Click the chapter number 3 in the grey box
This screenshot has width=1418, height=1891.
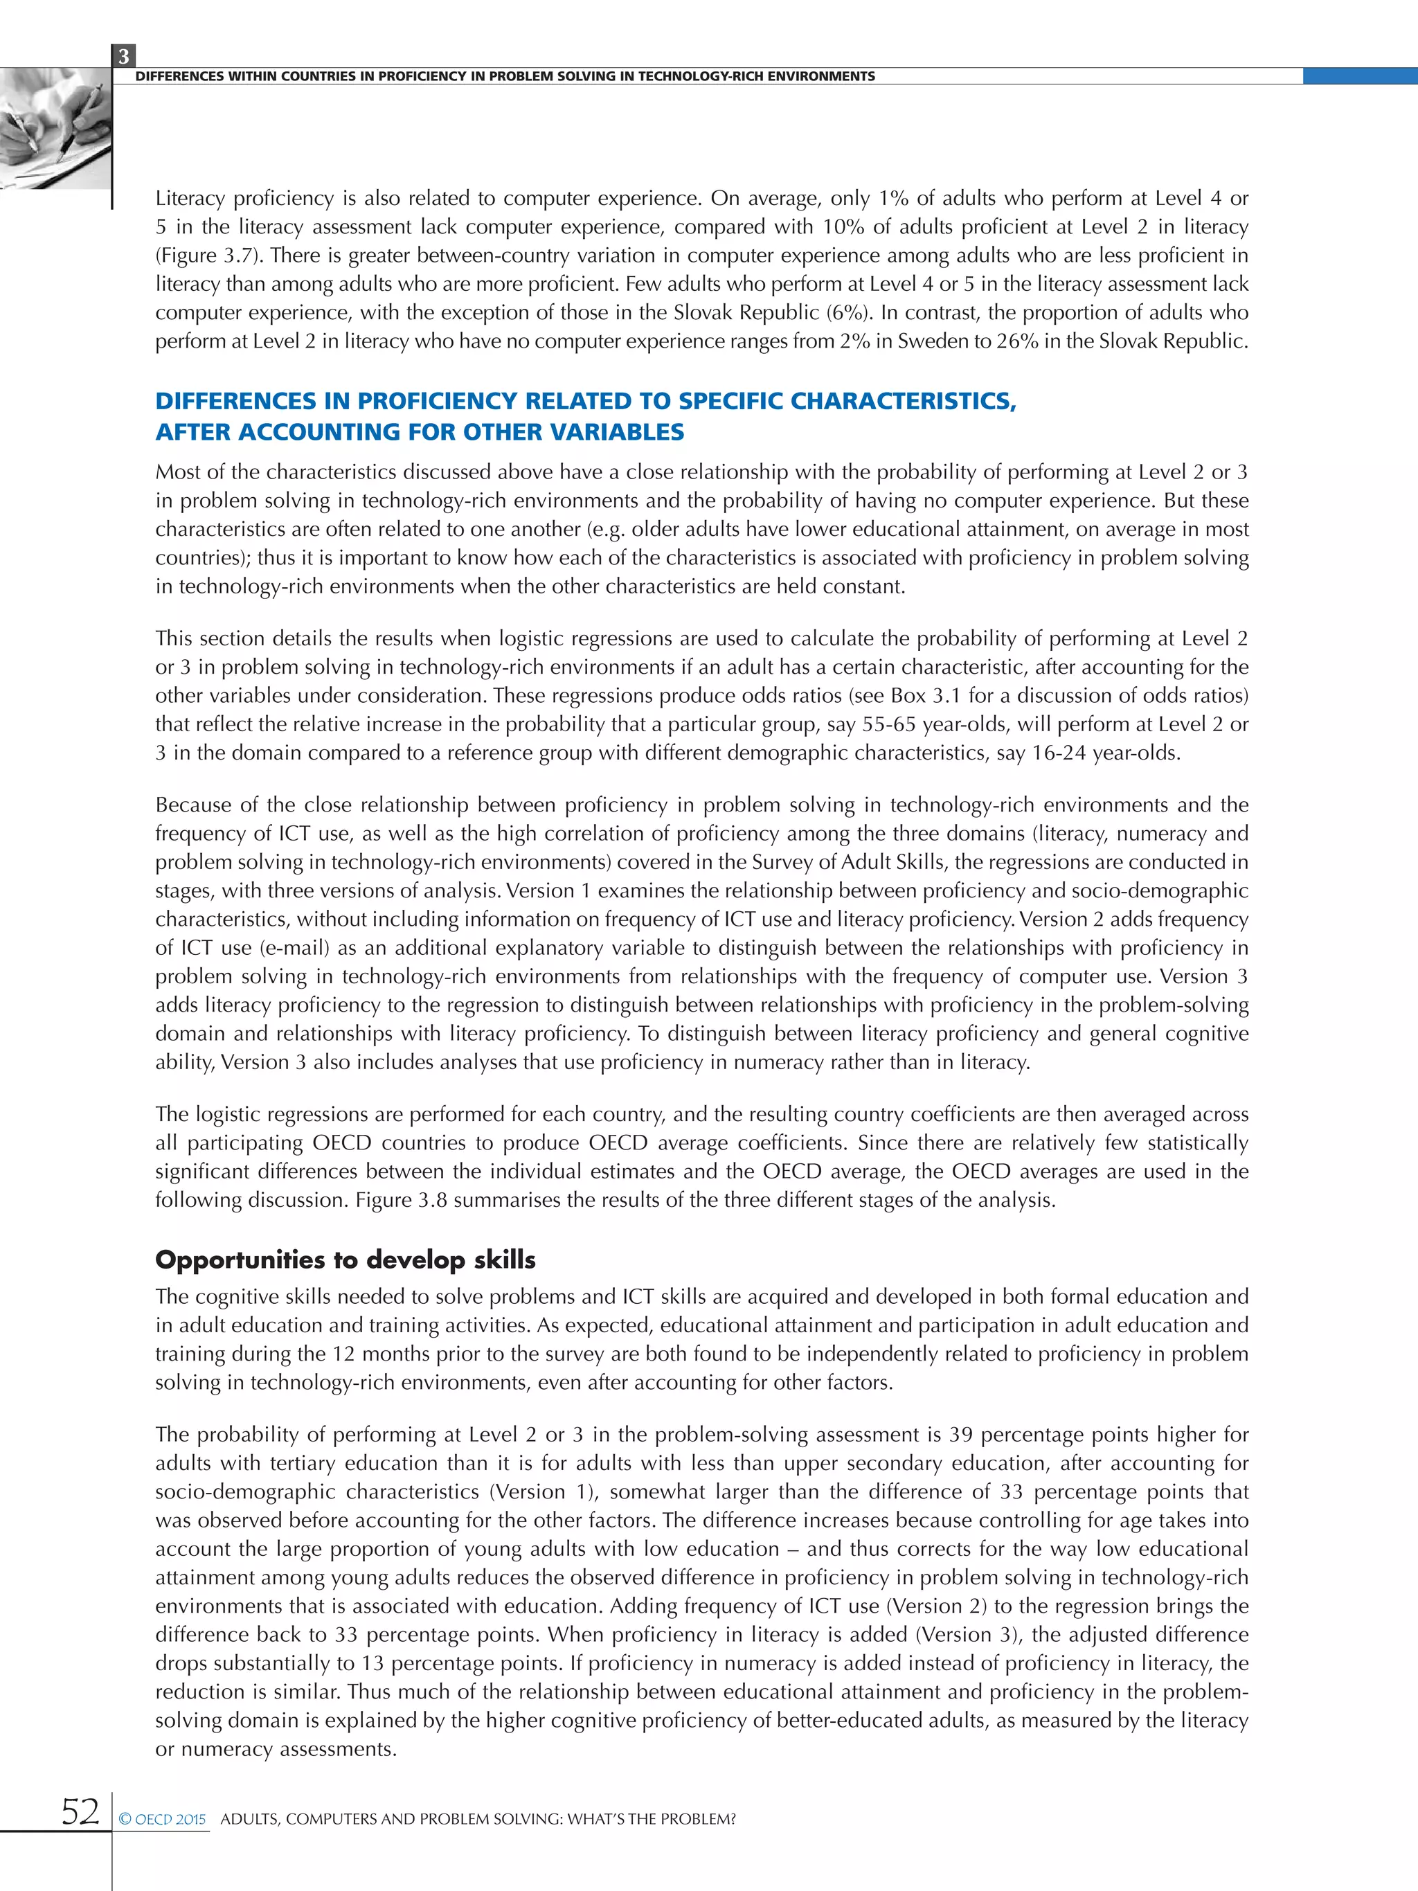pos(123,56)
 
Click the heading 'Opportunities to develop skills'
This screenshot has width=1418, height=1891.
pos(345,1260)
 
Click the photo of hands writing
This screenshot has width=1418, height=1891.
pos(55,128)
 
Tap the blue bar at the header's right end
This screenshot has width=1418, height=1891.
pos(1359,76)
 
